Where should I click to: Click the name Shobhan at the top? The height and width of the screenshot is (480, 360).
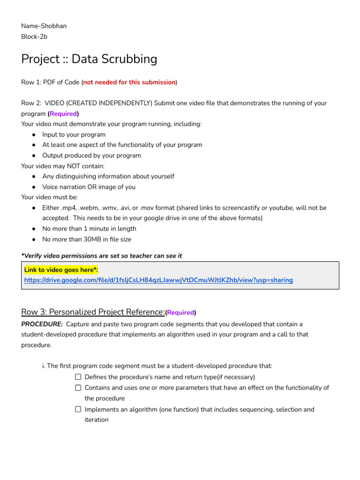click(x=54, y=26)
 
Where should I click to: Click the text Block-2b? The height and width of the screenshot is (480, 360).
click(x=34, y=37)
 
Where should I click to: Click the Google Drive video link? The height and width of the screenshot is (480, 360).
click(x=158, y=280)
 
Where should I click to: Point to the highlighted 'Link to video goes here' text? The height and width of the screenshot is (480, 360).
click(x=61, y=270)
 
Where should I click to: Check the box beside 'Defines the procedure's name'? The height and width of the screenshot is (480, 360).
click(x=78, y=377)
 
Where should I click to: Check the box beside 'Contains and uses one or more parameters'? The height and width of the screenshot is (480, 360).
click(x=78, y=388)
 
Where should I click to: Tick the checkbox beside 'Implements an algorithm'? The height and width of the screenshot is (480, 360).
click(x=78, y=409)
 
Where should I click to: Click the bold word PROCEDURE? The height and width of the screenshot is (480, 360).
click(x=42, y=324)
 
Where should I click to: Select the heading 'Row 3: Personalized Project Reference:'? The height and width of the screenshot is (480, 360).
click(x=93, y=312)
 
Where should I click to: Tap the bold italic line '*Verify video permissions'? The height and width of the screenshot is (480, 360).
click(x=101, y=255)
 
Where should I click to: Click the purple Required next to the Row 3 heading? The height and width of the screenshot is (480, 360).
click(x=180, y=313)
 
